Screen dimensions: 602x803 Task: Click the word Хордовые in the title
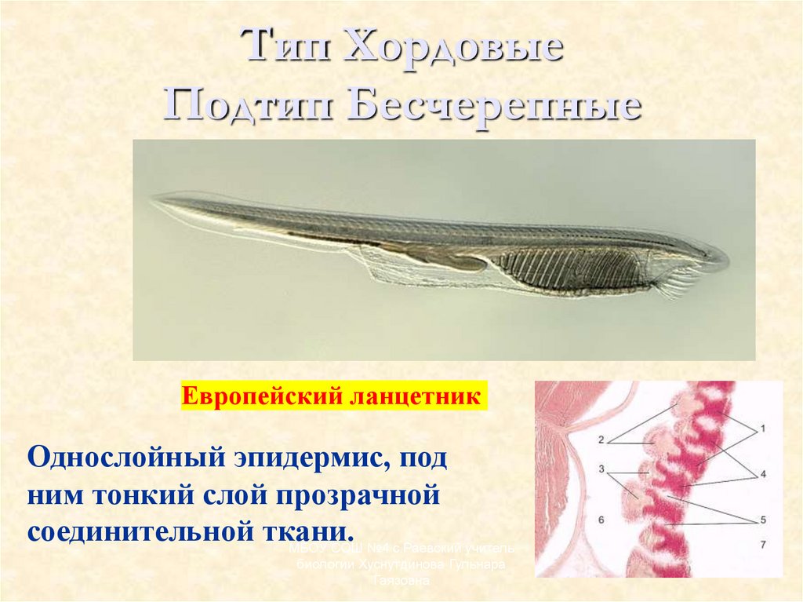454,49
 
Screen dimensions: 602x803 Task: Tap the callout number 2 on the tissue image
601,440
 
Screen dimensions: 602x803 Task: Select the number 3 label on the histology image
601,469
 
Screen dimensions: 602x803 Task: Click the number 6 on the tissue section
601,520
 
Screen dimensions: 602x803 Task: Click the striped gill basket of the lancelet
572,269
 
